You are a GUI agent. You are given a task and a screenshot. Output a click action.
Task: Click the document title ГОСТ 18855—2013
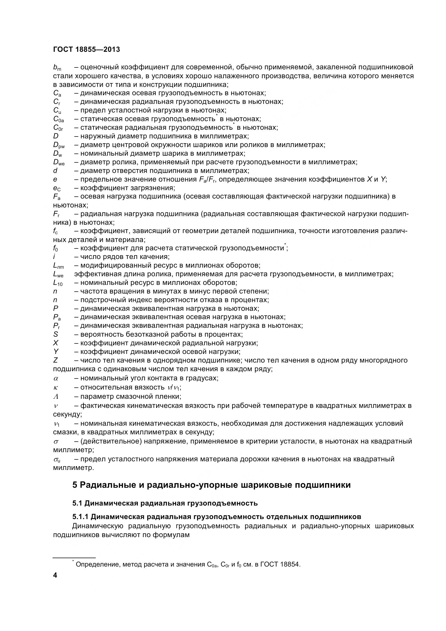coord(87,49)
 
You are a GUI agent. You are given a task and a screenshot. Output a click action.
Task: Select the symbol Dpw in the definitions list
coord(59,145)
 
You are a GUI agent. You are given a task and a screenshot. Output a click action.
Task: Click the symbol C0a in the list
coord(59,119)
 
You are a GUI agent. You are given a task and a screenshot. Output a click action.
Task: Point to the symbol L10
coord(58,283)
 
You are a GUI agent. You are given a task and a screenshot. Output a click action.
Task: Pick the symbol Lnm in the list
coord(59,266)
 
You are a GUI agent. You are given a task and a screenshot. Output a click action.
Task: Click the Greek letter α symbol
coord(56,378)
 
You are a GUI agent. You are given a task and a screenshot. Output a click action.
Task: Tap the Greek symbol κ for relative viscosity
coord(55,387)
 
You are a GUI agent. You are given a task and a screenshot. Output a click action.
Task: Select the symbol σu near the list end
coord(57,459)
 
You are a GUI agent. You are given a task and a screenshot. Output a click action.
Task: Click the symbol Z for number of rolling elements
coord(56,360)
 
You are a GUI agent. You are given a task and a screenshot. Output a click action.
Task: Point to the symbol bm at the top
coord(57,67)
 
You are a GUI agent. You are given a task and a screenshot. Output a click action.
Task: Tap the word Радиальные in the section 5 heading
coord(109,485)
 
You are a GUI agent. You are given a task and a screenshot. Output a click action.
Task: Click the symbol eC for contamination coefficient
coord(57,188)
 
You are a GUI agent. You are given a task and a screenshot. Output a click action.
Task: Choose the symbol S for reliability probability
coord(56,335)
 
